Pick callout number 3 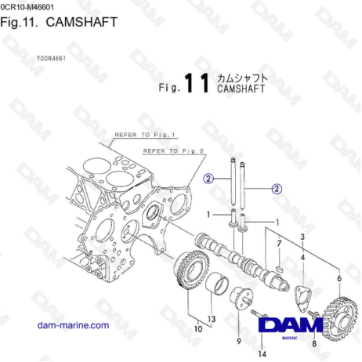pos(302,236)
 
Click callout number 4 pos(302,255)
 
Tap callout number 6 pos(338,278)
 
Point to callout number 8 pos(313,343)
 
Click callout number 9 pos(238,342)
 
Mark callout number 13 pos(211,319)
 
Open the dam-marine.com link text pos(76,324)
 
